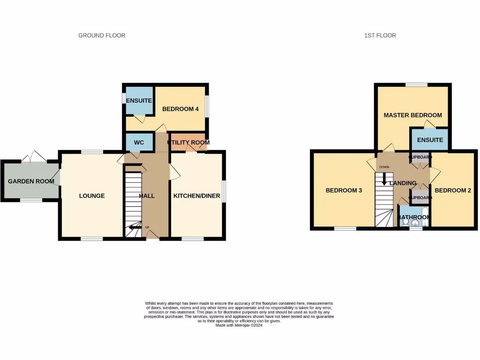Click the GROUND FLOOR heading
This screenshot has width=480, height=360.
click(102, 36)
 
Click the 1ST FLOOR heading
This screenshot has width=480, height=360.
click(380, 36)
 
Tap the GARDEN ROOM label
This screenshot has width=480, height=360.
click(31, 181)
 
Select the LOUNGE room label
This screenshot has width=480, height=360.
click(92, 196)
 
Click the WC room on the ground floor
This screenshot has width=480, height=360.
click(139, 142)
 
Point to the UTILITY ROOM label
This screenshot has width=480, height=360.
click(188, 142)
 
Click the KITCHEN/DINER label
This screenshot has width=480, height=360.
click(197, 196)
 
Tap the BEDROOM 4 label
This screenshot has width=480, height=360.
click(180, 109)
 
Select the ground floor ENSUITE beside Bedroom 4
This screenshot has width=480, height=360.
click(139, 101)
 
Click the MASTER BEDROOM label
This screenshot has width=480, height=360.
click(412, 115)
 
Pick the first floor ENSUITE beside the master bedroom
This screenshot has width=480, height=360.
click(430, 140)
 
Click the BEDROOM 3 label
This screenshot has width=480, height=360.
click(344, 191)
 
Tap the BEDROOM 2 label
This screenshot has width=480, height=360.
click(452, 191)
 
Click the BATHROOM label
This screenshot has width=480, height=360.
click(414, 217)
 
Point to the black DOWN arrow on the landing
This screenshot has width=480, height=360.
click(384, 180)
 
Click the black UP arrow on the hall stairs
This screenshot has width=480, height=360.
click(135, 227)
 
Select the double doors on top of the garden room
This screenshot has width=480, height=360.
click(35, 156)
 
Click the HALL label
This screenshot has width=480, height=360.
click(147, 196)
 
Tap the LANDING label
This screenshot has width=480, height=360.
click(403, 183)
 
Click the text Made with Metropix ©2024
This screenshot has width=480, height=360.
click(239, 325)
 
